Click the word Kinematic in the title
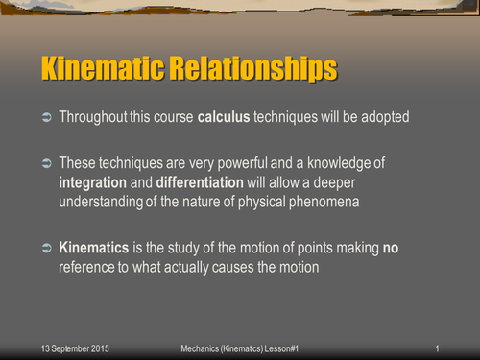[104, 70]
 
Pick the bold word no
[391, 248]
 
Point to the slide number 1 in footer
[437, 347]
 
